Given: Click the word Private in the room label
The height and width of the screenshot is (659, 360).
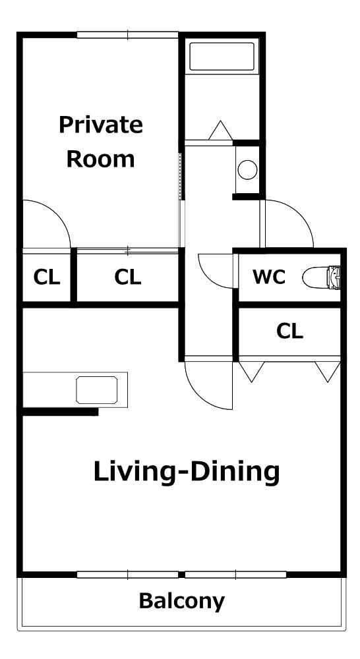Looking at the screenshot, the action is (x=101, y=125).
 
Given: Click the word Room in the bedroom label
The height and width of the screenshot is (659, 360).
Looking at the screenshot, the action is (x=101, y=159).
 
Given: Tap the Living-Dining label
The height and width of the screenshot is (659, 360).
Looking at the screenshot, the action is (x=187, y=473).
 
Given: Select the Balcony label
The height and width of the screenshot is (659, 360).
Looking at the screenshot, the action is (x=182, y=602).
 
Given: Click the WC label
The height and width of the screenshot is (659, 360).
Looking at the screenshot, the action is (x=269, y=277).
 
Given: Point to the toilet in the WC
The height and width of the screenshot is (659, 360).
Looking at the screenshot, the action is (x=321, y=277).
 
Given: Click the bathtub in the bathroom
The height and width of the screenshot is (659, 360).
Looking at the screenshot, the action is (x=222, y=56).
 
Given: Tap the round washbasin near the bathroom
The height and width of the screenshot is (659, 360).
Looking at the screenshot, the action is (x=247, y=170).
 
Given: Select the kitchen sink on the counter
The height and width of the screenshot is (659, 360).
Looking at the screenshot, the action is (x=97, y=390).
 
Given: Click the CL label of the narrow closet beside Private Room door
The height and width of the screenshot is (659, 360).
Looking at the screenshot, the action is (x=46, y=277).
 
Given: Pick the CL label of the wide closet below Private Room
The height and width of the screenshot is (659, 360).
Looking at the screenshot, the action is (x=127, y=277).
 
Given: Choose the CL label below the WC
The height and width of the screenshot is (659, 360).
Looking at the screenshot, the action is (x=289, y=331).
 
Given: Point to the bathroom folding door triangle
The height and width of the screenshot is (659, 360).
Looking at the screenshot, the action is (x=220, y=130).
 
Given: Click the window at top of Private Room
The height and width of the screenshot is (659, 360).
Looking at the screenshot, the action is (x=127, y=35).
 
